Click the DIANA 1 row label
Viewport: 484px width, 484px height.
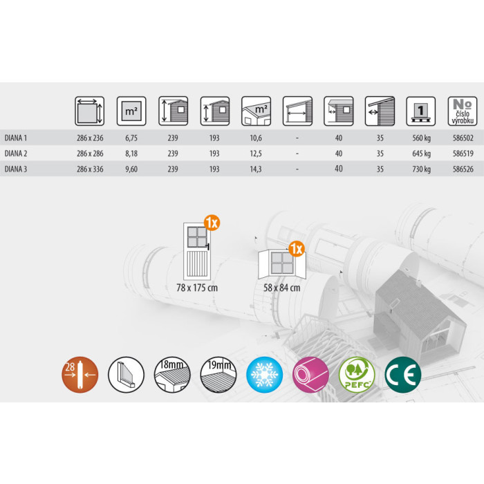click(16, 138)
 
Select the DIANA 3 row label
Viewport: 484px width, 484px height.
click(16, 169)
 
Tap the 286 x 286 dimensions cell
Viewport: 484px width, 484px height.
click(90, 153)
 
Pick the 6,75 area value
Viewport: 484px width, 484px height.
click(131, 138)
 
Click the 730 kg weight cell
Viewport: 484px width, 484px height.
click(421, 169)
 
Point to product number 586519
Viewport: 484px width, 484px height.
click(463, 153)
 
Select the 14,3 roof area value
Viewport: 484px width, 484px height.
click(256, 169)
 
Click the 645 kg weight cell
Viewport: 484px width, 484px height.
click(421, 153)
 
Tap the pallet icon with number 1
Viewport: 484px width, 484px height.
click(420, 111)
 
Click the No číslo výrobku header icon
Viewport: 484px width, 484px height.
click(463, 111)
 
